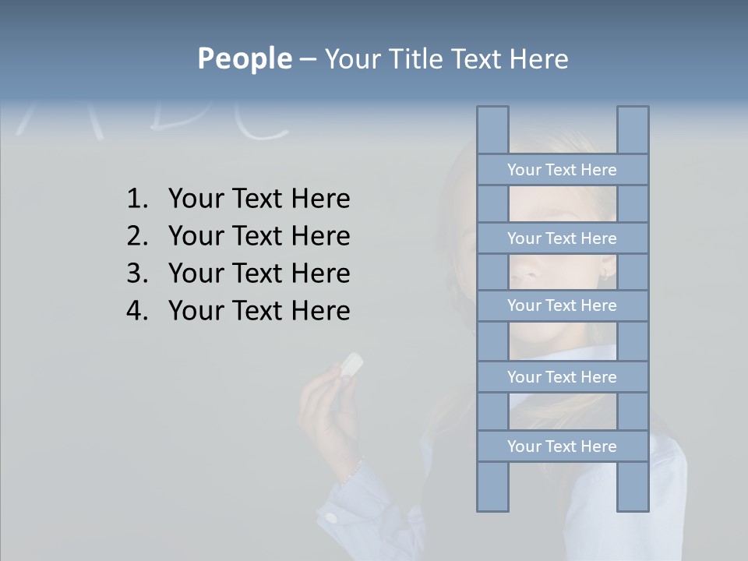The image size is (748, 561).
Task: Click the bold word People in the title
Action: [x=244, y=58]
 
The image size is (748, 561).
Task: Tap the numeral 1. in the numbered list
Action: [x=137, y=199]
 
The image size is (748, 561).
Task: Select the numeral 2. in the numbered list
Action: [x=137, y=236]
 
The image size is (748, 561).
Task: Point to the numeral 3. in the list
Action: [x=137, y=273]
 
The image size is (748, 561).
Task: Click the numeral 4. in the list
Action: [x=137, y=311]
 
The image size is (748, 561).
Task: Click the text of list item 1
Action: [x=259, y=199]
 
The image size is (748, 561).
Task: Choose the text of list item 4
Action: [x=259, y=311]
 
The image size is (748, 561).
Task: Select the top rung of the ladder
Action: [x=562, y=170]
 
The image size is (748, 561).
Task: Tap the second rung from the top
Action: [x=562, y=238]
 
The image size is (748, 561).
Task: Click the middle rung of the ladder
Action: [x=562, y=305]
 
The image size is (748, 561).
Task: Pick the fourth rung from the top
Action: [x=562, y=377]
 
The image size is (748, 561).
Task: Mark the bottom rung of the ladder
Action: [x=562, y=446]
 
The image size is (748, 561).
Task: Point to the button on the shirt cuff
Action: [x=332, y=517]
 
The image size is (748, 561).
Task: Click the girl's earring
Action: [x=605, y=273]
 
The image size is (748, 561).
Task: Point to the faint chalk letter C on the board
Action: [x=265, y=121]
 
